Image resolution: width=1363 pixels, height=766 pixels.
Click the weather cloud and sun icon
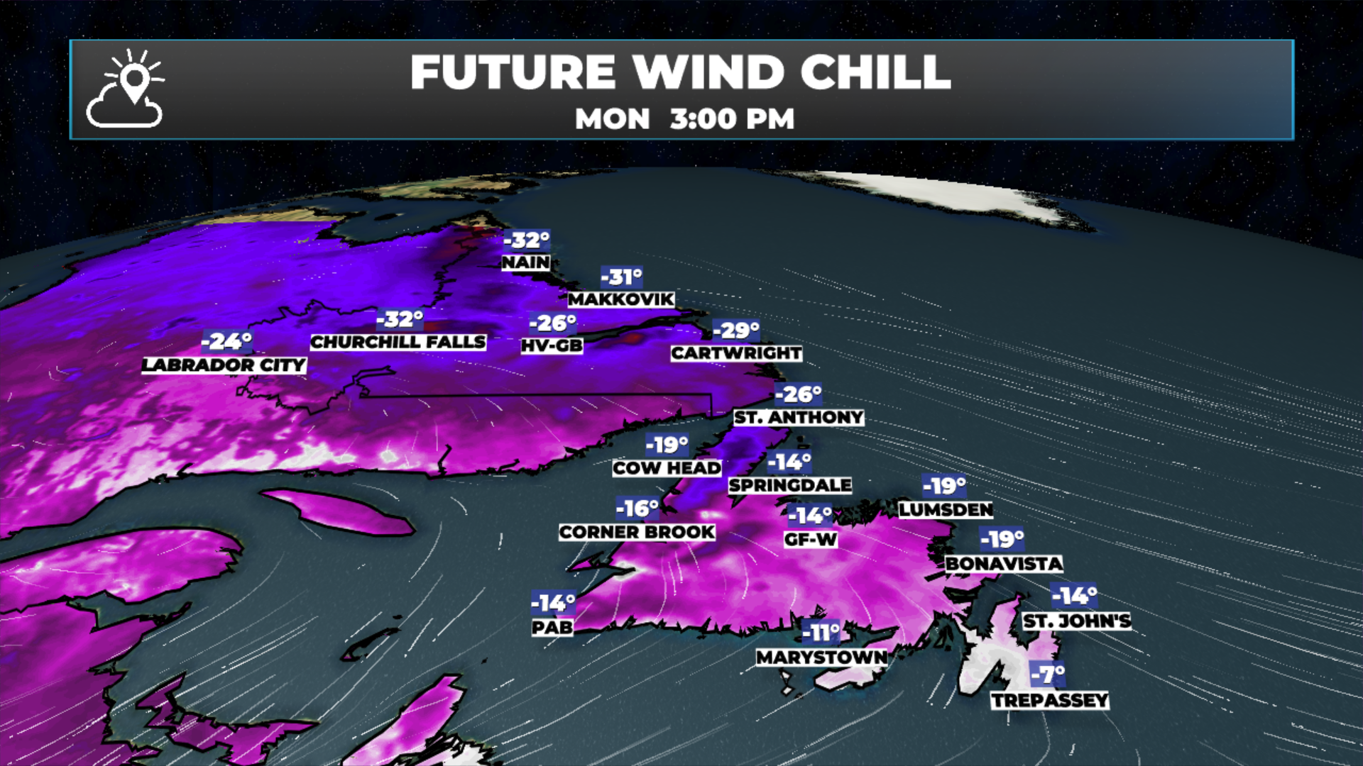click(x=126, y=89)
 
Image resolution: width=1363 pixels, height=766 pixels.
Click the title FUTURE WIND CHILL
click(x=680, y=72)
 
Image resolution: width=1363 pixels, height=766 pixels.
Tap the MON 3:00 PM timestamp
click(x=684, y=119)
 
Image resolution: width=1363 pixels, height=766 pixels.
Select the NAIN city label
click(x=525, y=262)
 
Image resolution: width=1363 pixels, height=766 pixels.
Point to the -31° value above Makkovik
click(x=622, y=277)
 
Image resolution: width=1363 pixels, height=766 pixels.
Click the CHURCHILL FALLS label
click(x=398, y=342)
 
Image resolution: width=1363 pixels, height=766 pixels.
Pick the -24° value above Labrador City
click(x=226, y=342)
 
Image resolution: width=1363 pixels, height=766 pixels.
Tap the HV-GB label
click(x=552, y=346)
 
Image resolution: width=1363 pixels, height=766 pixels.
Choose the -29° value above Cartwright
click(x=736, y=331)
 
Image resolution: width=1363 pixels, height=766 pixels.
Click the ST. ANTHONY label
click(x=799, y=418)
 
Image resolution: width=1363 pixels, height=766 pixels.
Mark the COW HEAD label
click(x=667, y=468)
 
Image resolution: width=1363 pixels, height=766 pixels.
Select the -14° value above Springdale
click(x=789, y=462)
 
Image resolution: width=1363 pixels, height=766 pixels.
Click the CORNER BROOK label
click(x=637, y=532)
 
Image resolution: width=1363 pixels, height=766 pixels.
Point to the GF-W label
click(x=811, y=540)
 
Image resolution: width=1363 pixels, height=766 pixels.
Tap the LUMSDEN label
click(x=946, y=510)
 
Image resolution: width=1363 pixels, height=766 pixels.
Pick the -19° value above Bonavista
click(x=1002, y=540)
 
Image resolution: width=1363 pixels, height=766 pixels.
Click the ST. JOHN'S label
click(x=1077, y=621)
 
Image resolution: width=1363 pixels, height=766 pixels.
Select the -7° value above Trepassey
click(x=1049, y=674)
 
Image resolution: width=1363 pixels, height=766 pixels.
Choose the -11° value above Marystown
click(x=821, y=632)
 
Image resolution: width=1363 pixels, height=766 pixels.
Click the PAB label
click(x=552, y=628)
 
